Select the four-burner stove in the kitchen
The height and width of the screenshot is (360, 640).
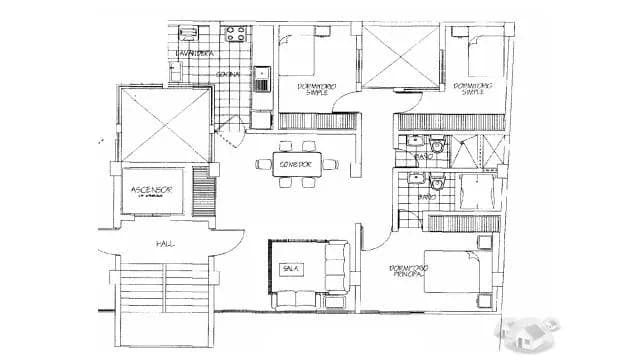236,37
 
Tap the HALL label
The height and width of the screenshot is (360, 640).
164,243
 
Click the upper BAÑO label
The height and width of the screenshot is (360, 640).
423,158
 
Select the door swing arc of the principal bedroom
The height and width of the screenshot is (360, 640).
370,237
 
